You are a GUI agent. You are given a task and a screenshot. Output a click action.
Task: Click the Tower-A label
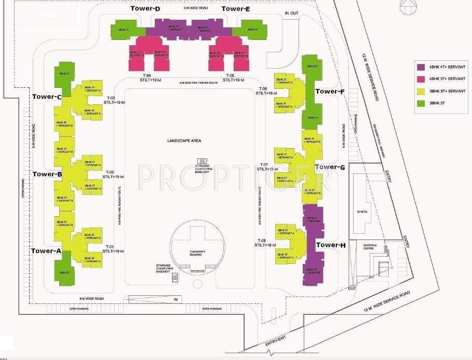46,250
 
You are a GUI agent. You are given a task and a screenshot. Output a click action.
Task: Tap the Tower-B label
47,174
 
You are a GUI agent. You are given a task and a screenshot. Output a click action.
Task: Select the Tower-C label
47,97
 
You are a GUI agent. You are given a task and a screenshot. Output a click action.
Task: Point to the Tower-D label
146,9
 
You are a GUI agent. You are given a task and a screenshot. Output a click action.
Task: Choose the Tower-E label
236,9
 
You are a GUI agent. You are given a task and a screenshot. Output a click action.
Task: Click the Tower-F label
330,91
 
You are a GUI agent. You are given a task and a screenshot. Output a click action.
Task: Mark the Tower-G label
330,167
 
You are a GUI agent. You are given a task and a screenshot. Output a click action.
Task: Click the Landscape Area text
184,141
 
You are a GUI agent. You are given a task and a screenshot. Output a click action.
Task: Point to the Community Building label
197,253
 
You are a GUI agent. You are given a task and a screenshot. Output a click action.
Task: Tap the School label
362,211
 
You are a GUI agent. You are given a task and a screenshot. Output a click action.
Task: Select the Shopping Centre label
370,246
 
